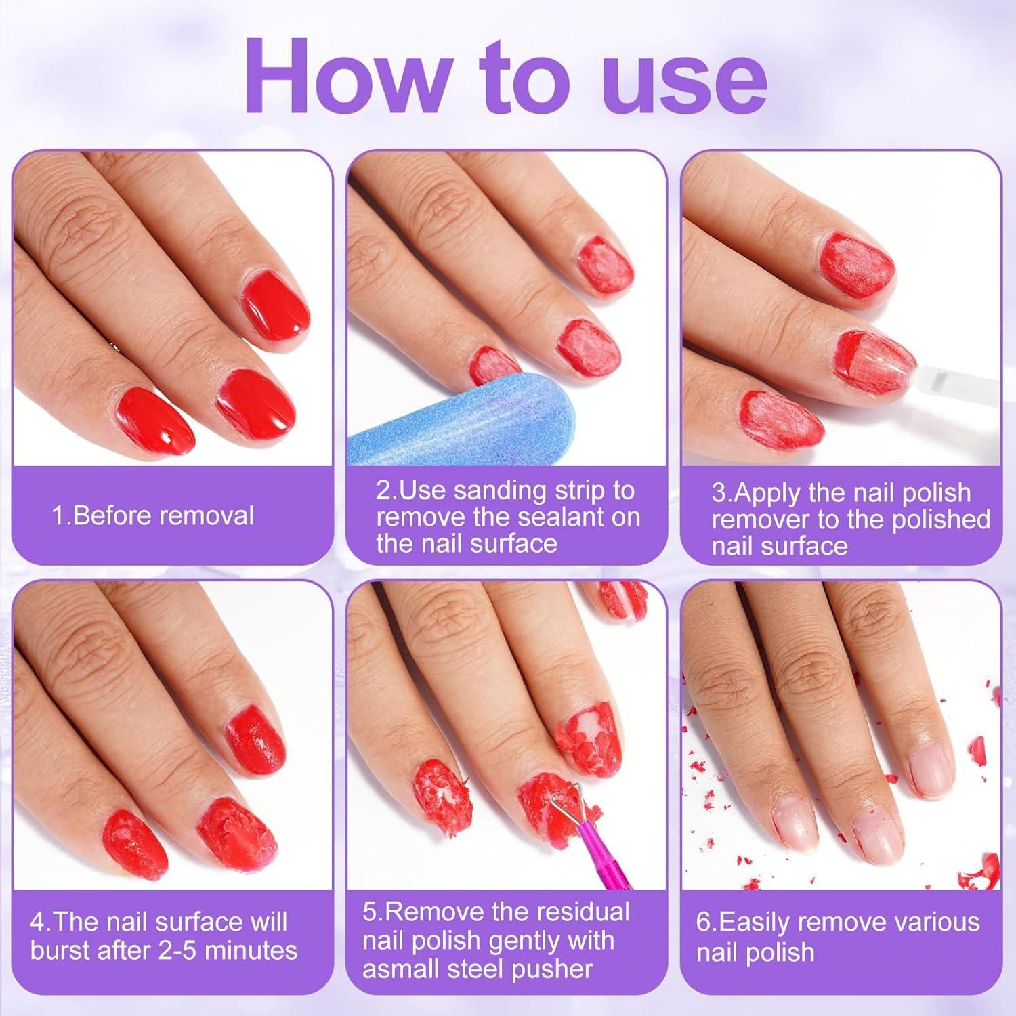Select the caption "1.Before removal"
[153, 516]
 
